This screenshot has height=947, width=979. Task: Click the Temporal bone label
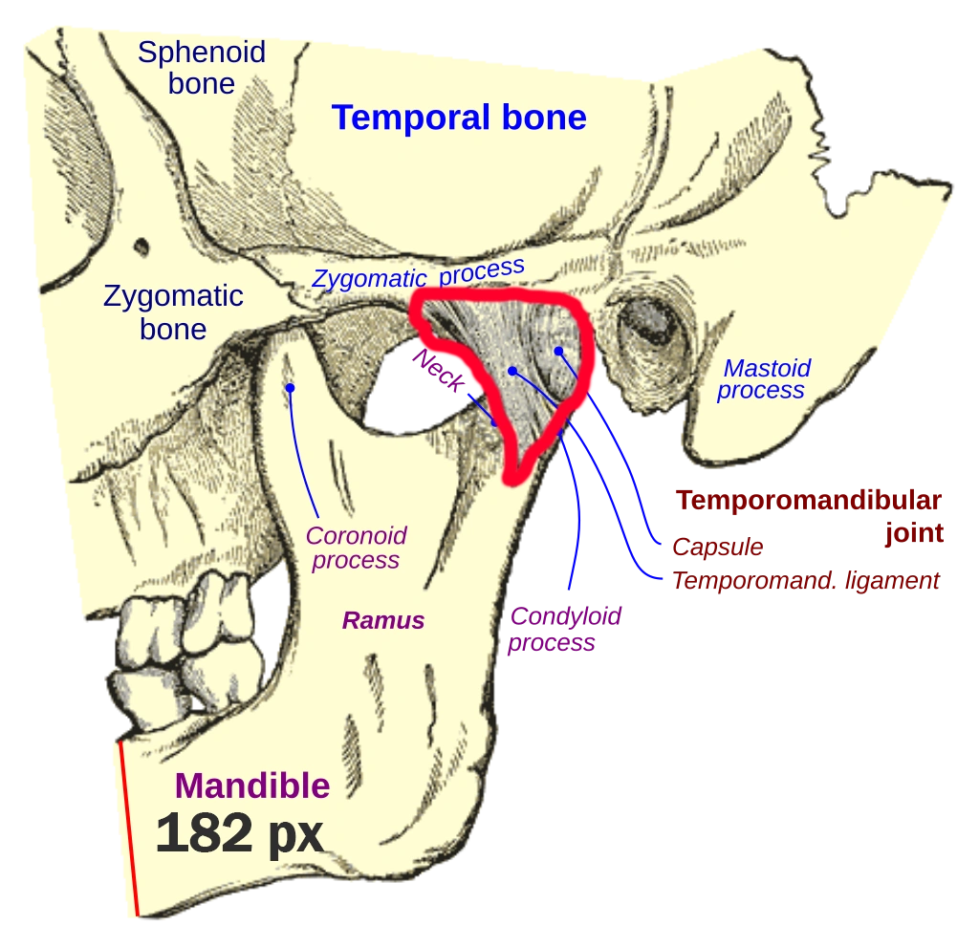click(x=459, y=118)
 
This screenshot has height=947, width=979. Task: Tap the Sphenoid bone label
click(x=201, y=67)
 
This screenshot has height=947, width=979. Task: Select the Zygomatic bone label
click(x=173, y=312)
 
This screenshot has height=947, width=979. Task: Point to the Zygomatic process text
click(x=419, y=274)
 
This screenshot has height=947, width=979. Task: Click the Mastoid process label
click(x=764, y=378)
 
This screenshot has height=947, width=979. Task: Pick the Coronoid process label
click(x=356, y=548)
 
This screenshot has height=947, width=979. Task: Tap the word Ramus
click(x=383, y=620)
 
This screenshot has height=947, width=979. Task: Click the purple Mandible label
click(x=253, y=786)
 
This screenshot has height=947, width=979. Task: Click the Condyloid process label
click(x=564, y=630)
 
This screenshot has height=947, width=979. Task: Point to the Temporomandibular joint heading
click(x=809, y=514)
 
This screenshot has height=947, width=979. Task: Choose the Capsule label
click(x=717, y=547)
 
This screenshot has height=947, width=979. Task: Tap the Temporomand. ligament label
click(x=806, y=581)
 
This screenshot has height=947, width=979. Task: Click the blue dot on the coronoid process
click(x=290, y=387)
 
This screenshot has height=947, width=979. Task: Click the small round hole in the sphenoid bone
click(x=141, y=247)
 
